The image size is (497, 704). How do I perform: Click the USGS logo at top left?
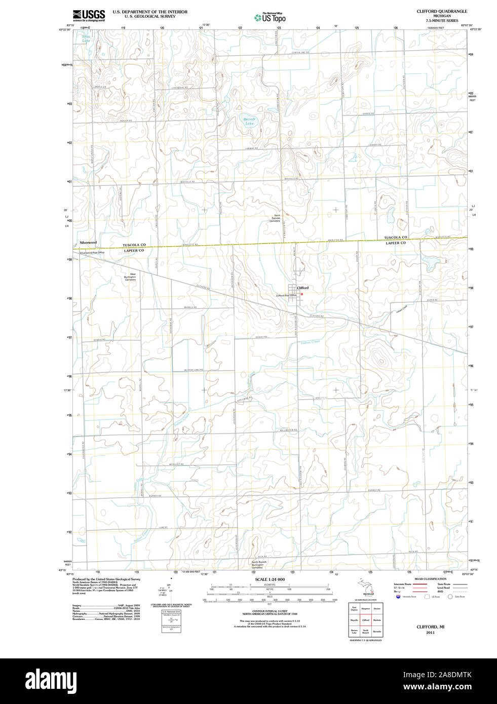point(89,15)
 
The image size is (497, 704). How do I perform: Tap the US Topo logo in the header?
point(270,18)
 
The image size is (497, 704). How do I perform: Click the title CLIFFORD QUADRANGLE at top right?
point(442,11)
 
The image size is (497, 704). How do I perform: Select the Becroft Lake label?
point(249,122)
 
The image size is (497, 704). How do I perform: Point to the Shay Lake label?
point(86,38)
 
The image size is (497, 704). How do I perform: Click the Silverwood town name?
point(88,243)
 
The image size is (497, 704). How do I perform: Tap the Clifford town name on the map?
point(302,288)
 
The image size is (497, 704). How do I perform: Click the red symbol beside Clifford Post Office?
point(301,294)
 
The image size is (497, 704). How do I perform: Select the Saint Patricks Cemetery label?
point(275,218)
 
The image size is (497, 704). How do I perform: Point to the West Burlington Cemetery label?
point(130,277)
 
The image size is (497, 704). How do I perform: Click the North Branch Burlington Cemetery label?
point(259,565)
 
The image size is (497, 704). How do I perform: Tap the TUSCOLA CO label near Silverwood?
point(134,245)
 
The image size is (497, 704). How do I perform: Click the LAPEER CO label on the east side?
point(396,243)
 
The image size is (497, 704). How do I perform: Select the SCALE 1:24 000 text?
point(270,579)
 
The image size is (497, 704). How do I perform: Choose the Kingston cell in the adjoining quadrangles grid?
point(365,608)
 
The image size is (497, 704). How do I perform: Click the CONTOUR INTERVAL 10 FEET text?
point(270,611)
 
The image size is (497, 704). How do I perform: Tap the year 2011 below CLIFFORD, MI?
point(430,633)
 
